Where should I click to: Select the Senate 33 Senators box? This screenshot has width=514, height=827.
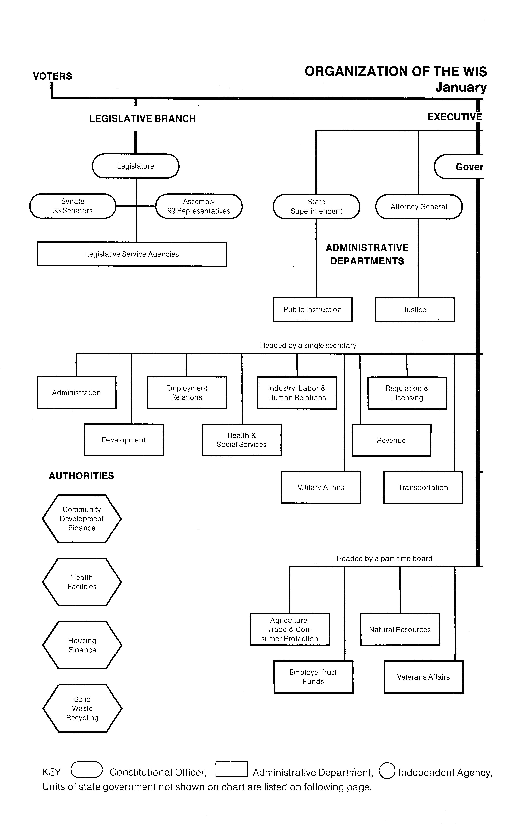point(73,206)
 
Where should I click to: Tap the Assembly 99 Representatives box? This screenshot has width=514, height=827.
point(199,206)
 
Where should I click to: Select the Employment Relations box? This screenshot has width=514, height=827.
point(187,393)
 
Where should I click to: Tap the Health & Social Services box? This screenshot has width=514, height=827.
point(242,440)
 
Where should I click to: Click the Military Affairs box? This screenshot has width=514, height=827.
point(321,487)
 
